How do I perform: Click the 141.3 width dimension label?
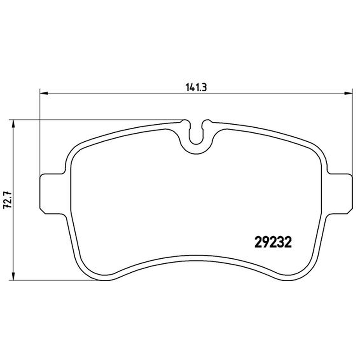[x=196, y=87]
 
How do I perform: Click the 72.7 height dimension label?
[x=6, y=200]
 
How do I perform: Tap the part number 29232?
[x=273, y=243]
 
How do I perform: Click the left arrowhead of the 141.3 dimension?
[x=44, y=93]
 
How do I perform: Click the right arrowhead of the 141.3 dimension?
[x=348, y=93]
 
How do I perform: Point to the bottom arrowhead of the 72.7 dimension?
[x=13, y=276]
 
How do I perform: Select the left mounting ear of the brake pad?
[x=52, y=194]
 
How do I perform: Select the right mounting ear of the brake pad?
[x=339, y=194]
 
